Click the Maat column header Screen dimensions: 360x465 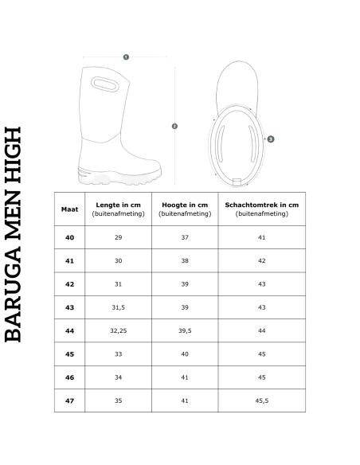pos(68,209)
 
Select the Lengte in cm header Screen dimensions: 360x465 pos(118,209)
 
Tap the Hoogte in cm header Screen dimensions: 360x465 pos(184,209)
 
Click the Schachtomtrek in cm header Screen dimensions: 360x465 pos(261,209)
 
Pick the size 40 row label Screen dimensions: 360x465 pos(68,238)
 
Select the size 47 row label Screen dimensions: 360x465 pos(68,401)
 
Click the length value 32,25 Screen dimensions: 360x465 pos(118,330)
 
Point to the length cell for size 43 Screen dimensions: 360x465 pos(118,307)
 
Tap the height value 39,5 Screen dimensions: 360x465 pos(184,330)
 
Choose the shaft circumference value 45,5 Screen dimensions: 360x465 pos(261,401)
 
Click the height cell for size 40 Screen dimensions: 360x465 pos(184,238)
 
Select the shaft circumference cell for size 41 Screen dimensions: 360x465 pos(261,261)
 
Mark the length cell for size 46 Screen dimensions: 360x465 pos(118,377)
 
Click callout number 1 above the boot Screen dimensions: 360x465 pos(127,57)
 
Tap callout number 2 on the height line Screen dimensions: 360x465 pos(174,126)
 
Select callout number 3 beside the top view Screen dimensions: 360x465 pos(272,139)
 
